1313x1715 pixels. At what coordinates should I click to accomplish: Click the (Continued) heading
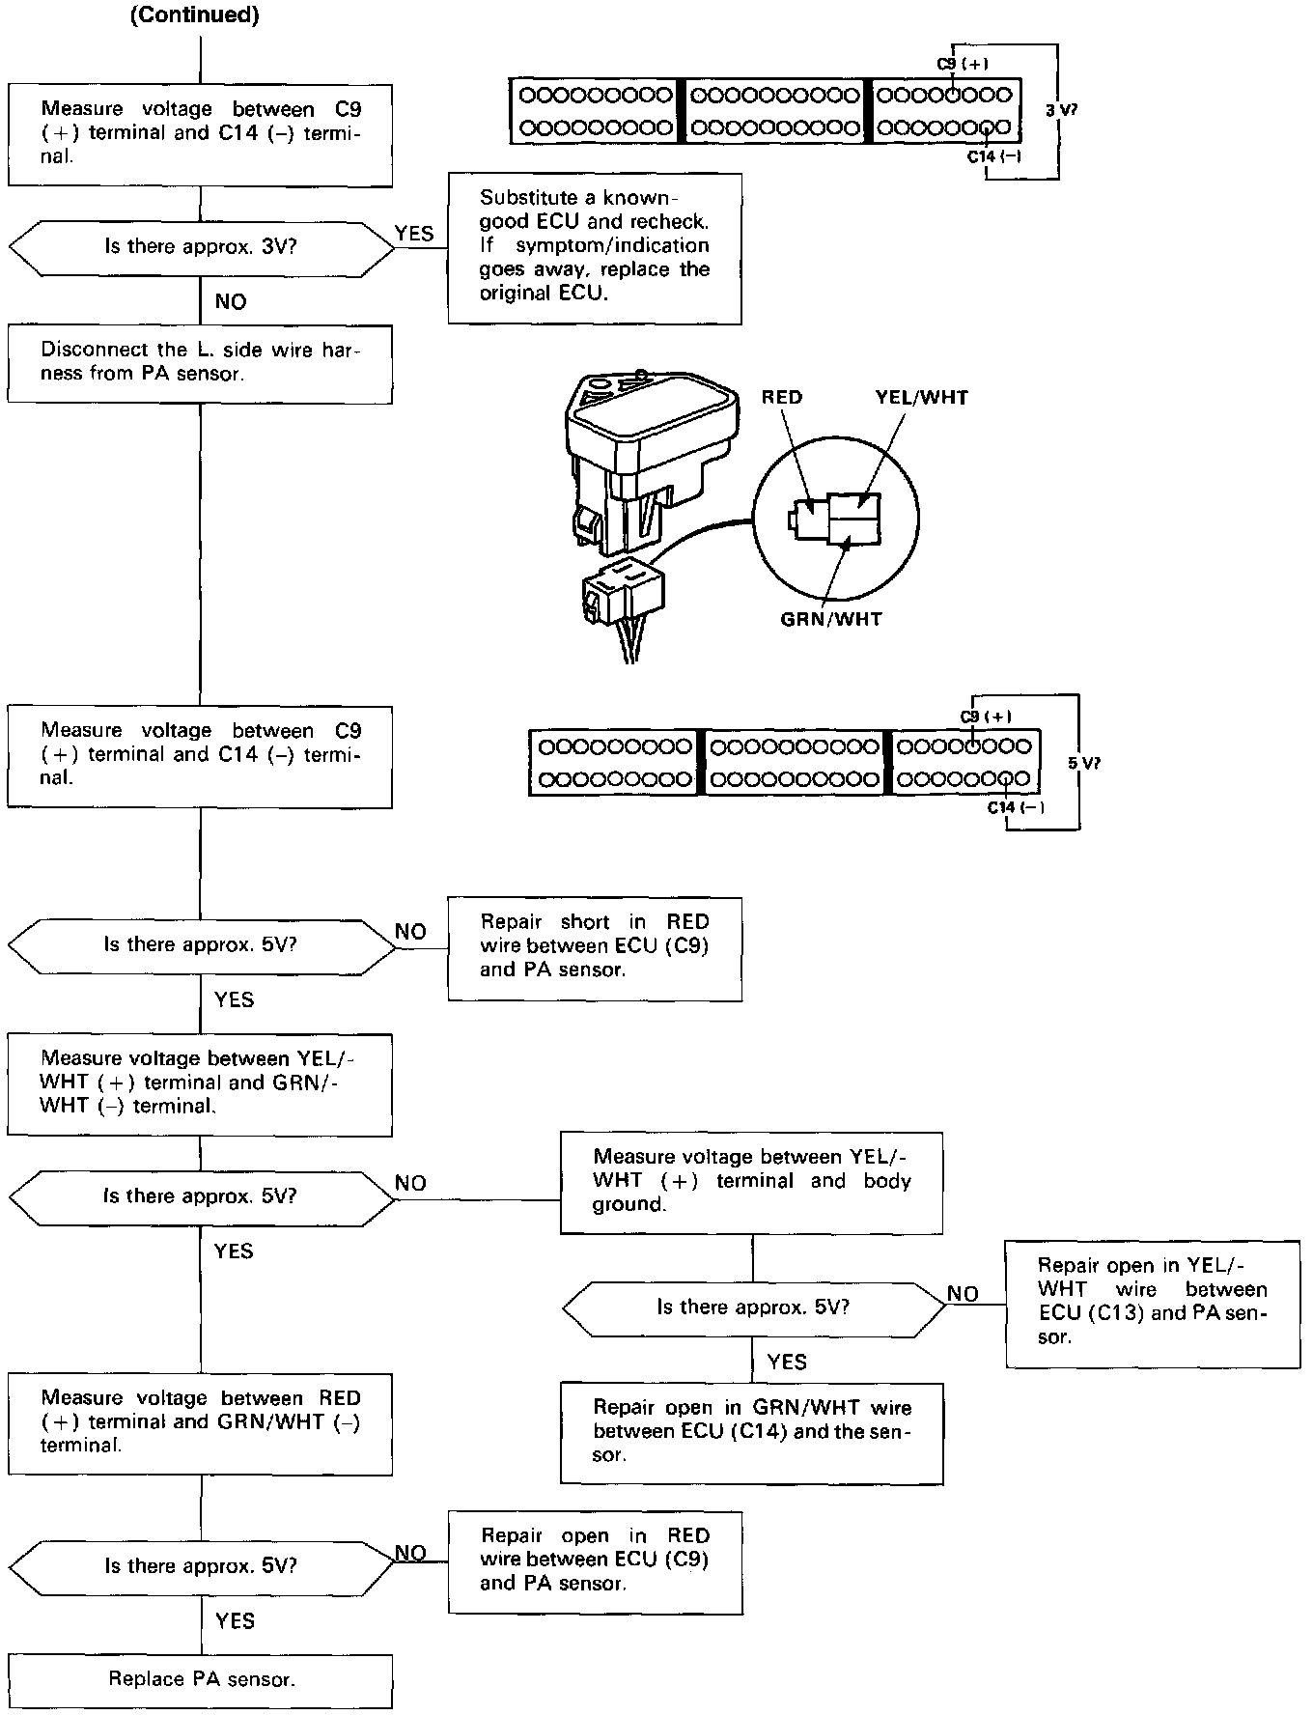coord(195,16)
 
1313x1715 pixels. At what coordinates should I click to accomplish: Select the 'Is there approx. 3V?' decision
coord(201,246)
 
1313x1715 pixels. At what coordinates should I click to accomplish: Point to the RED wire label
coord(781,397)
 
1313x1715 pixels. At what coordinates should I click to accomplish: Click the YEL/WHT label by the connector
coord(921,397)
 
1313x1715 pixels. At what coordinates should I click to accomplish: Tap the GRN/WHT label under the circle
coord(831,619)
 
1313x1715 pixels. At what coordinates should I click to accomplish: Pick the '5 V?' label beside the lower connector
coord(1083,763)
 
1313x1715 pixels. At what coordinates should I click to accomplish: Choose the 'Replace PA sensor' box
coord(201,1679)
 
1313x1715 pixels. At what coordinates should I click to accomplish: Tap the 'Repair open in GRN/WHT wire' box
coord(751,1432)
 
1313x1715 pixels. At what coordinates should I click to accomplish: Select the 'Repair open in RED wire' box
coord(595,1560)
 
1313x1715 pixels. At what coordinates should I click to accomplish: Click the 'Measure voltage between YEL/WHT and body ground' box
coord(751,1181)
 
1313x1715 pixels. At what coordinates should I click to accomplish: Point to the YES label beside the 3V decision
coord(414,234)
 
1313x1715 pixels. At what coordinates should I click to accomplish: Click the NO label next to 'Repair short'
coord(410,932)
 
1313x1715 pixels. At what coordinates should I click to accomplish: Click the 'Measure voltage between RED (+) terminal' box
coord(200,1422)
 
